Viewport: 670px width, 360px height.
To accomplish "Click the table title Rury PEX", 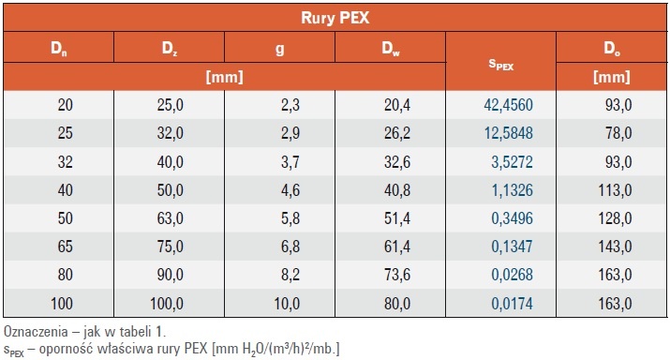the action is coord(335,18).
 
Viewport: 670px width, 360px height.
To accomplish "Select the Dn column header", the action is coord(58,49).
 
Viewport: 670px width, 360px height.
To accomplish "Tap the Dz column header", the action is coord(170,49).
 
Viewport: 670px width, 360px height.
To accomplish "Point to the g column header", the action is coord(280,49).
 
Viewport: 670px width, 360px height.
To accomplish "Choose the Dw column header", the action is coord(391,49).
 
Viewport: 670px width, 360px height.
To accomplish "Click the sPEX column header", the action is coord(500,65).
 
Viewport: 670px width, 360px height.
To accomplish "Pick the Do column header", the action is coord(612,49).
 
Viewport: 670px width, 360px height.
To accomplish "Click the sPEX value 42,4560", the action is coord(509,105).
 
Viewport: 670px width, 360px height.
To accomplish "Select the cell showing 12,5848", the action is coord(509,133).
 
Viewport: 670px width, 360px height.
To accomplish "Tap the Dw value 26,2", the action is coord(397,133).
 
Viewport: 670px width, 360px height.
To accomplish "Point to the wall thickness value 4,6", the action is coord(290,189).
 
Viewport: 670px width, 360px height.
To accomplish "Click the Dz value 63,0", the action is coord(170,218).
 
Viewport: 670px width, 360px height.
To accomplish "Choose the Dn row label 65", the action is coord(65,247).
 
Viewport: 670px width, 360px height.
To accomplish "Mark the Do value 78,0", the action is coord(618,133).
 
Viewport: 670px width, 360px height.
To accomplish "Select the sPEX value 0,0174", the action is coord(512,304).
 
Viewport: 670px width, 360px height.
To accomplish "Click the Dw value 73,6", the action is coord(397,275).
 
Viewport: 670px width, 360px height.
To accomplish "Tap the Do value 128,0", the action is coord(615,218).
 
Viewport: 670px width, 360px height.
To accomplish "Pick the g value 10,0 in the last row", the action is coord(287,304).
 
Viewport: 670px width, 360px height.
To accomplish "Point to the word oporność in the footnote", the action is coord(67,349).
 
